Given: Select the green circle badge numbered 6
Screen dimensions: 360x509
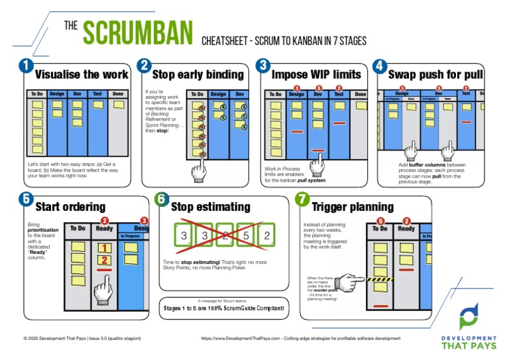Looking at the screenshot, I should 162,199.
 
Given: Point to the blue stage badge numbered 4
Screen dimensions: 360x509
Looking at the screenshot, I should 379,66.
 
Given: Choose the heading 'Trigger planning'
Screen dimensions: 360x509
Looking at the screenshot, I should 352,207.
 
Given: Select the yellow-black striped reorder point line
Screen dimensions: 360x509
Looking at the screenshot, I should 380,280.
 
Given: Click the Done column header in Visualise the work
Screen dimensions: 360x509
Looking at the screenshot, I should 117,94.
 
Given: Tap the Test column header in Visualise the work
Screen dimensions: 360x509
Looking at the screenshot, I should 97,94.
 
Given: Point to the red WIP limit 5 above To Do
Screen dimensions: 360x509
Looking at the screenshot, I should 380,221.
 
